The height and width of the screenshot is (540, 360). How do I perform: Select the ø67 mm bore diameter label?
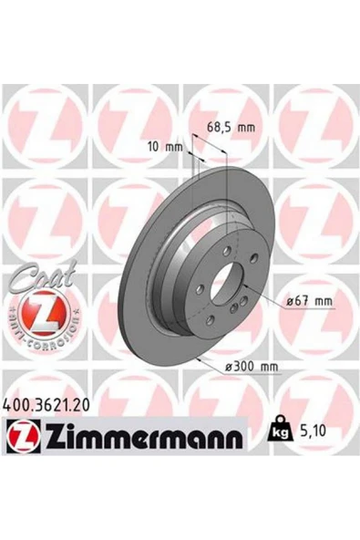(306, 301)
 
